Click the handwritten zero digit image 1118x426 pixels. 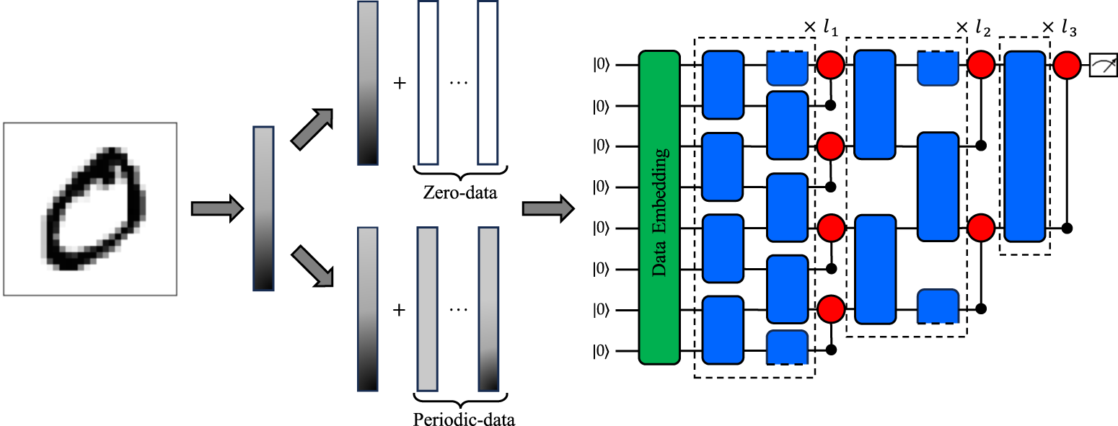90,209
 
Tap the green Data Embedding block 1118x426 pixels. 659,208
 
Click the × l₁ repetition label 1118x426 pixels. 820,28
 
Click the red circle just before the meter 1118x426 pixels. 1067,65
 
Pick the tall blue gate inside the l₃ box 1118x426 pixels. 1024,146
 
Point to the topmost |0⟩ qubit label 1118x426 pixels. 602,65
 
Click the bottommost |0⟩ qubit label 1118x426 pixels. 602,352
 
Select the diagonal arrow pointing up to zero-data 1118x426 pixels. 312,129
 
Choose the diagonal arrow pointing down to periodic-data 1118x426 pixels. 312,266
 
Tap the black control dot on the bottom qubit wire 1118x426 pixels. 830,351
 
